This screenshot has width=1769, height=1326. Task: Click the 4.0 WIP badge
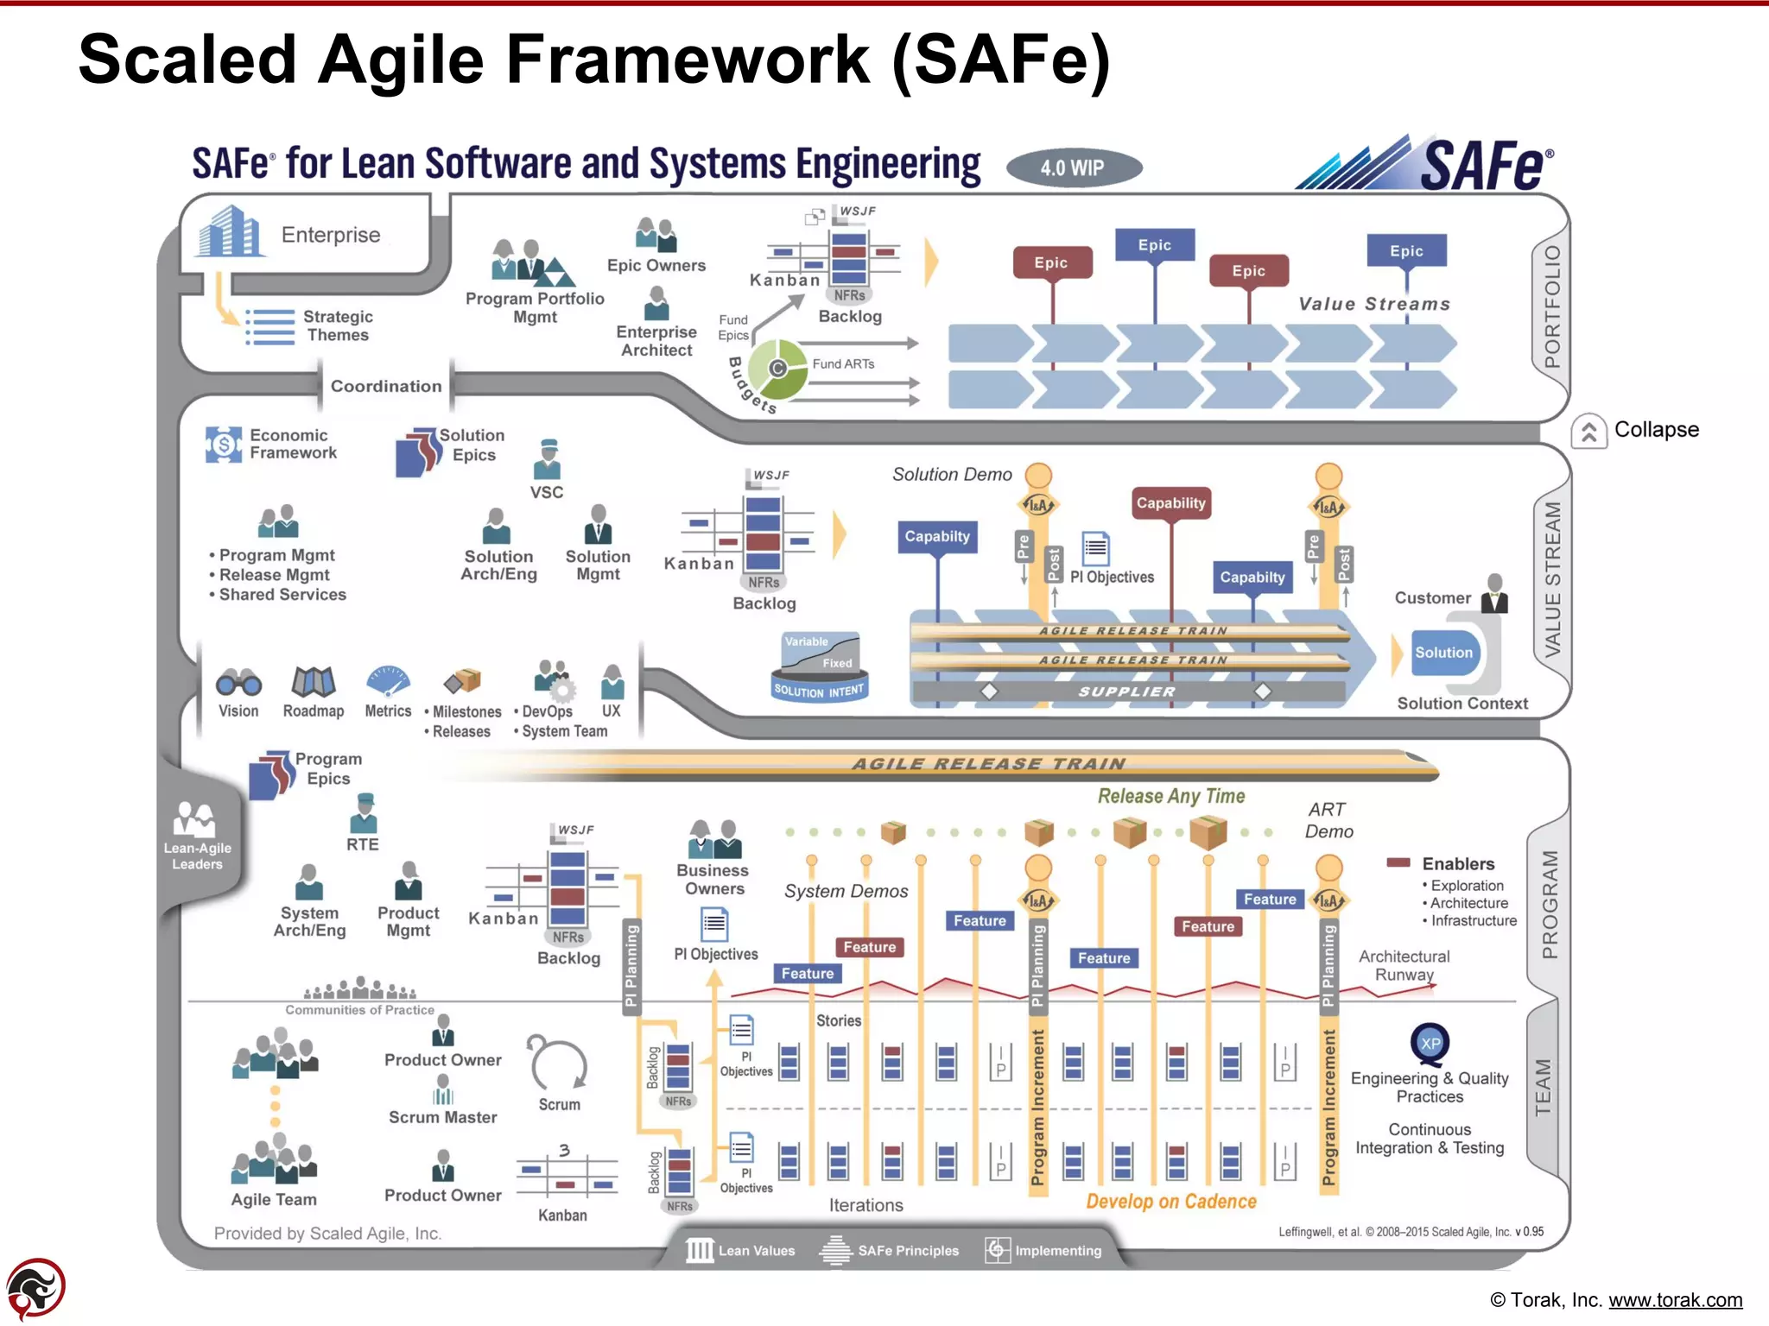(1073, 168)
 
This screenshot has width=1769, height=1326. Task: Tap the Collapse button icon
(1588, 432)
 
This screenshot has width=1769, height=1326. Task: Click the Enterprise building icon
(228, 231)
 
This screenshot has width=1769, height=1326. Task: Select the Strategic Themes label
(337, 326)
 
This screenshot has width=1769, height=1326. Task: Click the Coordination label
(385, 386)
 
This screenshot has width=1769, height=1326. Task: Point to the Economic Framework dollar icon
(224, 445)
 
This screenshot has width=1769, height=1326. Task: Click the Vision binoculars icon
(238, 683)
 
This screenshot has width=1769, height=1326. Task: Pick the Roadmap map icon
(313, 682)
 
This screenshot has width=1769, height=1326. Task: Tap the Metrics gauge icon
(388, 680)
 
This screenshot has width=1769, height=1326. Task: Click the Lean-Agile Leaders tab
(198, 837)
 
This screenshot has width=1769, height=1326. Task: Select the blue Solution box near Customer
(1443, 653)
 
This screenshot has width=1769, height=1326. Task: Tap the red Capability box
(1170, 503)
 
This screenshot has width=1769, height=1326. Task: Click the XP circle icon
(1430, 1043)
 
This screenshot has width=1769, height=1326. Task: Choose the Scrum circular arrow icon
(559, 1064)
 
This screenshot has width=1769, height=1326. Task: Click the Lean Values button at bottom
(741, 1251)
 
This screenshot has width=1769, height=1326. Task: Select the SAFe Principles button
(890, 1251)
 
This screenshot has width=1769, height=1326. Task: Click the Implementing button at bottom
(1044, 1251)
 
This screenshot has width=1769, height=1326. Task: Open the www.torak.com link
(1675, 1300)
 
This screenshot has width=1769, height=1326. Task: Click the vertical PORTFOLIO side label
(1551, 306)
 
